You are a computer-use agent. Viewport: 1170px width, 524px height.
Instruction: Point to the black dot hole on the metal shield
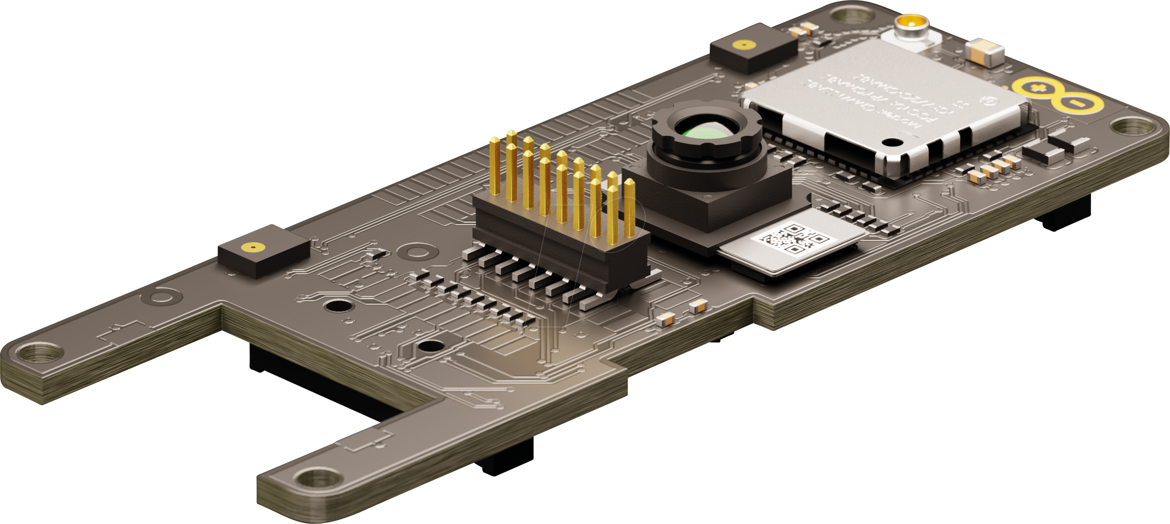891,143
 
